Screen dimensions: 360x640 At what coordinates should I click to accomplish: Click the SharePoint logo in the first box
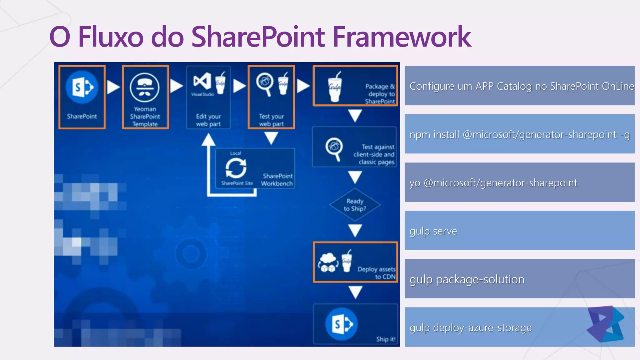(82, 87)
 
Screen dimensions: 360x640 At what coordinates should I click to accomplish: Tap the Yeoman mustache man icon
(145, 87)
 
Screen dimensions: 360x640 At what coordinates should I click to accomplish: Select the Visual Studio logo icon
(202, 81)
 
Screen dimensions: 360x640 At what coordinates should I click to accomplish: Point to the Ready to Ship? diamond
(355, 205)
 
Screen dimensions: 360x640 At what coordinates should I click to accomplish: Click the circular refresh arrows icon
(236, 168)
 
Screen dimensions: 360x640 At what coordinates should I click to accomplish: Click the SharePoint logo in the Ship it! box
(341, 324)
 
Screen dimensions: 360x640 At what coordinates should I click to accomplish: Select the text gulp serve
(433, 231)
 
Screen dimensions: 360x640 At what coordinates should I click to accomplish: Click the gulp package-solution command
(467, 279)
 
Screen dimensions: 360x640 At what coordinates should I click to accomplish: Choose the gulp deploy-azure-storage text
(470, 327)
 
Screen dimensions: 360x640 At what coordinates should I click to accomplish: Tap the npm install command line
(519, 134)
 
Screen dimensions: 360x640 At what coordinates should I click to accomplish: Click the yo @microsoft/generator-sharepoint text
(493, 182)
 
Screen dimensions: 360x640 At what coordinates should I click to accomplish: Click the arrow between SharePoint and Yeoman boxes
(113, 87)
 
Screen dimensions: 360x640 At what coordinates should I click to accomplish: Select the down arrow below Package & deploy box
(355, 116)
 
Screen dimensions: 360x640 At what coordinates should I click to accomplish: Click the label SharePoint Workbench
(277, 180)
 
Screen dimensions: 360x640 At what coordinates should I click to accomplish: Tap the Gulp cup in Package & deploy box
(335, 87)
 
